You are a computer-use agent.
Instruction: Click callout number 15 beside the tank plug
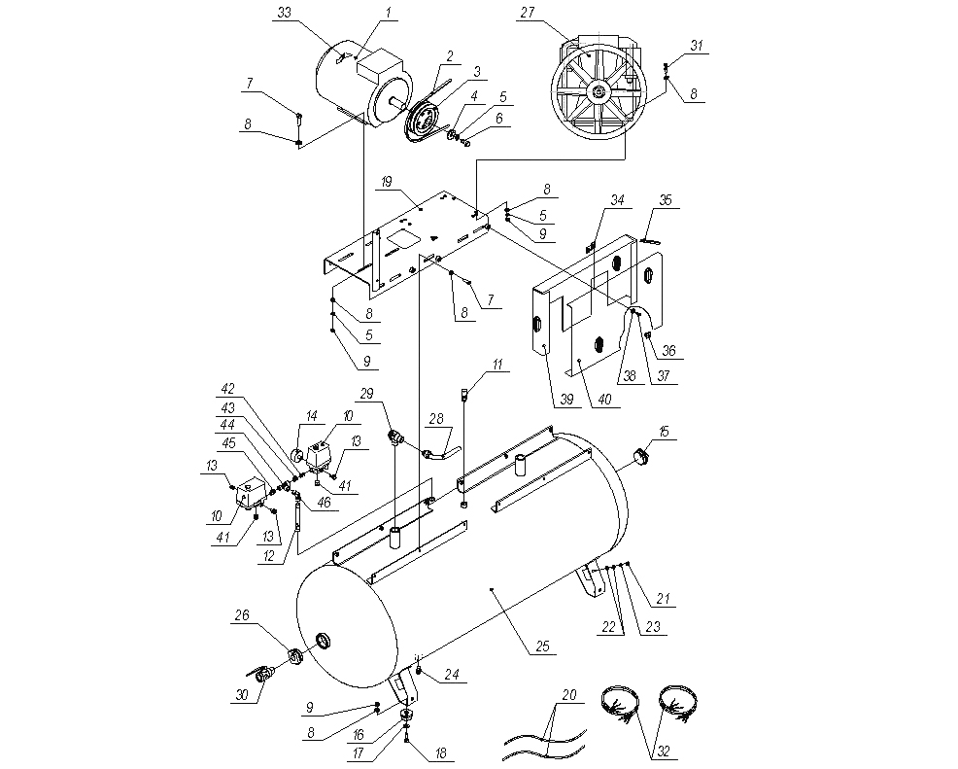coord(664,430)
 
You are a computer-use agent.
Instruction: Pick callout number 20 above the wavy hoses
coord(568,696)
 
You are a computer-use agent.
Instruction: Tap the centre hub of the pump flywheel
coord(596,92)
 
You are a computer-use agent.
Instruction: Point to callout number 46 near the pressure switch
coord(323,503)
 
